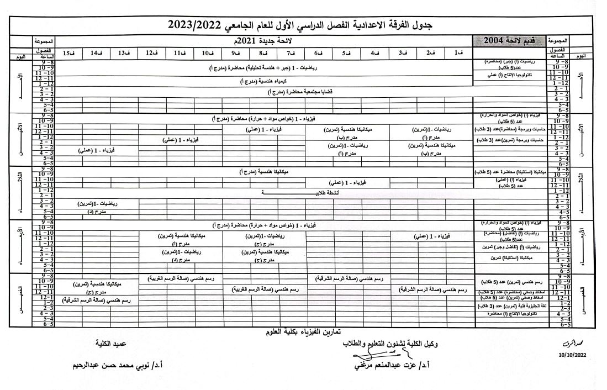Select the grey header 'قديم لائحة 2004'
coord(508,41)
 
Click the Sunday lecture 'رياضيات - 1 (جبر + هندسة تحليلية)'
coord(265,67)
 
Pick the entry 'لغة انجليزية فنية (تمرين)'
coord(511,305)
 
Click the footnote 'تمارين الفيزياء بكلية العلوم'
coord(303,332)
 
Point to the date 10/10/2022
coord(573,355)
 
